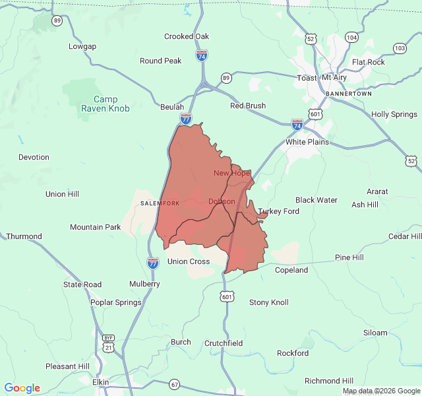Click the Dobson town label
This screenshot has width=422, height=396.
222,201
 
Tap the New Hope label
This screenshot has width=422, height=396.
231,173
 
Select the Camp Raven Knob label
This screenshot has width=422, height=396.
105,104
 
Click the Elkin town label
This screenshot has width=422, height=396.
100,381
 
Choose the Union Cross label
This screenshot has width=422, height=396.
189,261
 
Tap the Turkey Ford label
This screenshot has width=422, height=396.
278,211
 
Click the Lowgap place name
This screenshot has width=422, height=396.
82,46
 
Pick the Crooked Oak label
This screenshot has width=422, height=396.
187,36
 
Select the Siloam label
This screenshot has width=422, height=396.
375,333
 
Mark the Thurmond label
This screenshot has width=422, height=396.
24,236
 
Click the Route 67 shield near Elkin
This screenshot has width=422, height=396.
174,384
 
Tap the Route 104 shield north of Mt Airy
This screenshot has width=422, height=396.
352,38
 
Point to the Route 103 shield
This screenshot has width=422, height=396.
400,48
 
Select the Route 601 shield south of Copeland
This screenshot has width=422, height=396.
227,297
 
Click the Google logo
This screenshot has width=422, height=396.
22,388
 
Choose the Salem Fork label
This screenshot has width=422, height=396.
160,203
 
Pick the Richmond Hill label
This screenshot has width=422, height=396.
329,381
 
